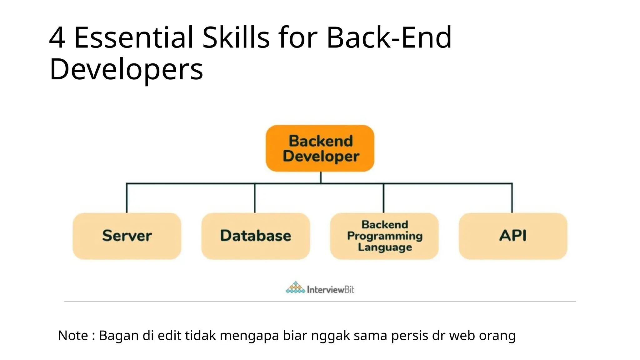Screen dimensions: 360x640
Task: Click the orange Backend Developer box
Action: pyautogui.click(x=320, y=148)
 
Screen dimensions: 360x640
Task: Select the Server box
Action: pyautogui.click(x=127, y=236)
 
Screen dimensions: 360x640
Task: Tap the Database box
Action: pyautogui.click(x=255, y=236)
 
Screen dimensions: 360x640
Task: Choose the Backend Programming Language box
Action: pyautogui.click(x=384, y=236)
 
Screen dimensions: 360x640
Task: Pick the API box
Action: pyautogui.click(x=513, y=236)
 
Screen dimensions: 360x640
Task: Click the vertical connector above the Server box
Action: pyautogui.click(x=127, y=198)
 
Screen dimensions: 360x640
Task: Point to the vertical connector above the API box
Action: pyautogui.click(x=512, y=198)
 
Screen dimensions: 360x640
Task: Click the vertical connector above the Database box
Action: pyautogui.click(x=255, y=198)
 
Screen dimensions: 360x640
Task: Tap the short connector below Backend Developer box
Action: pyautogui.click(x=321, y=177)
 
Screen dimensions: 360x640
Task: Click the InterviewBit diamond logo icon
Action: pyautogui.click(x=295, y=287)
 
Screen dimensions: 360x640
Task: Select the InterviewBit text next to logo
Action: pyautogui.click(x=330, y=290)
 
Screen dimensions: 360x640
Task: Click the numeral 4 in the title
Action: pyautogui.click(x=57, y=38)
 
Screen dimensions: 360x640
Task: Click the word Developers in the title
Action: pyautogui.click(x=126, y=69)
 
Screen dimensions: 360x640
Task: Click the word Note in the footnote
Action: pyautogui.click(x=73, y=336)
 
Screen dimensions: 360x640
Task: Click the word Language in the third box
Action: pyautogui.click(x=385, y=247)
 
